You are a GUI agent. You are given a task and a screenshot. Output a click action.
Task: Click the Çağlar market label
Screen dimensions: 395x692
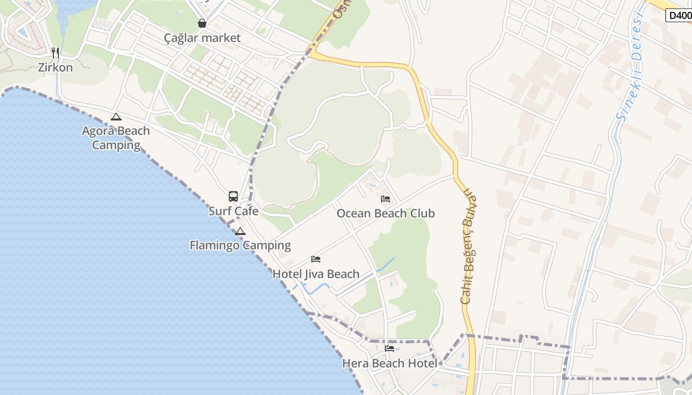[x=203, y=38]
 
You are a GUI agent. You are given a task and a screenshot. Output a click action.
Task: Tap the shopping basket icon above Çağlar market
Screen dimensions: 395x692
[x=202, y=23]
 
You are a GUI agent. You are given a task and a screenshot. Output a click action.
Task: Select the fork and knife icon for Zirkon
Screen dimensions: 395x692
[x=55, y=52]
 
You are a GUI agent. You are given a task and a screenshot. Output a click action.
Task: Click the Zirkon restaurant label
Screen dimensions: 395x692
[x=55, y=67]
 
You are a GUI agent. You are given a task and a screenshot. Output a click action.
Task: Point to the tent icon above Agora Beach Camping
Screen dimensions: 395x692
[x=116, y=117]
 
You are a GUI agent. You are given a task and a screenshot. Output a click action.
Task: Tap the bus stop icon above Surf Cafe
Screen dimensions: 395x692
[x=233, y=197]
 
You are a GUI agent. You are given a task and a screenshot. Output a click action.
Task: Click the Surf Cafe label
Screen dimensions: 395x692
[x=233, y=211]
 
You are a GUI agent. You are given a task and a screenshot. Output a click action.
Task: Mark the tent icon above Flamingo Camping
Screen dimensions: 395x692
[x=240, y=231]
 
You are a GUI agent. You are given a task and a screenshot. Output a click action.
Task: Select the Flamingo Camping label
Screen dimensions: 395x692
[x=240, y=245]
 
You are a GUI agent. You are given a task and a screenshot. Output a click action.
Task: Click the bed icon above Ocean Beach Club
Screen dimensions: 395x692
[x=386, y=199]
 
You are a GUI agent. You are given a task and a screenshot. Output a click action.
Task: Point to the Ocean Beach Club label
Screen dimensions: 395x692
[x=386, y=213]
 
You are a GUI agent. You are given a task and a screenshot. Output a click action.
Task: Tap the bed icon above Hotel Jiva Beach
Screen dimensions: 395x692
[x=316, y=259]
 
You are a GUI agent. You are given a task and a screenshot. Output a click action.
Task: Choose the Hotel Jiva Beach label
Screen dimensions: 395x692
[x=316, y=274]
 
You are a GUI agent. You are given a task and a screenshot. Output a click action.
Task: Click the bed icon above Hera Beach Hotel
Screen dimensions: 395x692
[x=389, y=349]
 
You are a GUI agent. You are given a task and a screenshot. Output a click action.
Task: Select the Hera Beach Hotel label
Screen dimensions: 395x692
[x=389, y=364]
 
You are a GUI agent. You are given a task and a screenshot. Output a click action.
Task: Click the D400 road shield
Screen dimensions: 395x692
[x=680, y=15]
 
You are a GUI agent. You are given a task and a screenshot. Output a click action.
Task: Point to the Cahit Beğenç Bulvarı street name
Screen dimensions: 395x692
[x=469, y=247]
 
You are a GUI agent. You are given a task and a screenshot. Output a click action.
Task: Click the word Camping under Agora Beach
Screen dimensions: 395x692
[x=116, y=145]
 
